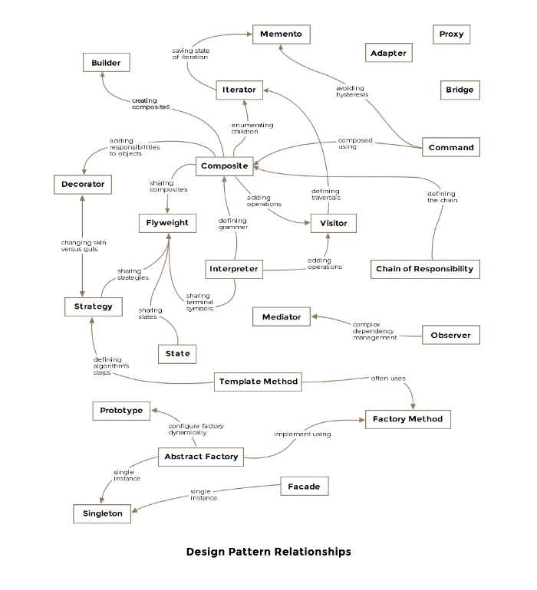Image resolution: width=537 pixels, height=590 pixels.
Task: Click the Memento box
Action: tap(281, 34)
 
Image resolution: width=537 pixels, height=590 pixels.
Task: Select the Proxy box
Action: tap(451, 34)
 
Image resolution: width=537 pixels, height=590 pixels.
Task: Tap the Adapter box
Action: tap(388, 53)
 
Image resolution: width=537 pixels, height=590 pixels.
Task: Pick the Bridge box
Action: tap(460, 90)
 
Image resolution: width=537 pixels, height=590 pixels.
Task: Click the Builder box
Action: tap(107, 63)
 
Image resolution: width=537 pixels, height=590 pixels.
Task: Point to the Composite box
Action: tap(225, 166)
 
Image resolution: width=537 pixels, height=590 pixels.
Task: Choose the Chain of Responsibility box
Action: tap(425, 269)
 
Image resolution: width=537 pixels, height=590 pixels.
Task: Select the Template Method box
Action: tap(258, 382)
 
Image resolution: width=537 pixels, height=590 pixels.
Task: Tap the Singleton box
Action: tap(102, 513)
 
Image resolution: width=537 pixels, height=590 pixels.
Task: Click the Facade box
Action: tap(304, 486)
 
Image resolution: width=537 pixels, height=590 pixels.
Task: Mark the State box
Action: tap(177, 354)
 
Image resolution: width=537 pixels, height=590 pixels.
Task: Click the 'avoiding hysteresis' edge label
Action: tap(352, 91)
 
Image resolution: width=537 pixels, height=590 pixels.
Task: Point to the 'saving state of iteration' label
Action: tap(191, 54)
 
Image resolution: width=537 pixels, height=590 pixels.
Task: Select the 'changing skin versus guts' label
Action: tap(84, 246)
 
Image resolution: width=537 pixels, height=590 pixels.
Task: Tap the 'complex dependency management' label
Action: tap(374, 331)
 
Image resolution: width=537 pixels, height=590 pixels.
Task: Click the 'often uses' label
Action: tap(388, 379)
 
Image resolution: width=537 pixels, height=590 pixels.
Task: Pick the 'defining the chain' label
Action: tap(442, 197)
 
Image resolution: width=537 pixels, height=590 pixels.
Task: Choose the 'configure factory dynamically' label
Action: tap(196, 429)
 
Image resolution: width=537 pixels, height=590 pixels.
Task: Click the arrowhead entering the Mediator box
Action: tap(315, 316)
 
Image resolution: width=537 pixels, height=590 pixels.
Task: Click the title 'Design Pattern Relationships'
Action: tap(268, 552)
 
